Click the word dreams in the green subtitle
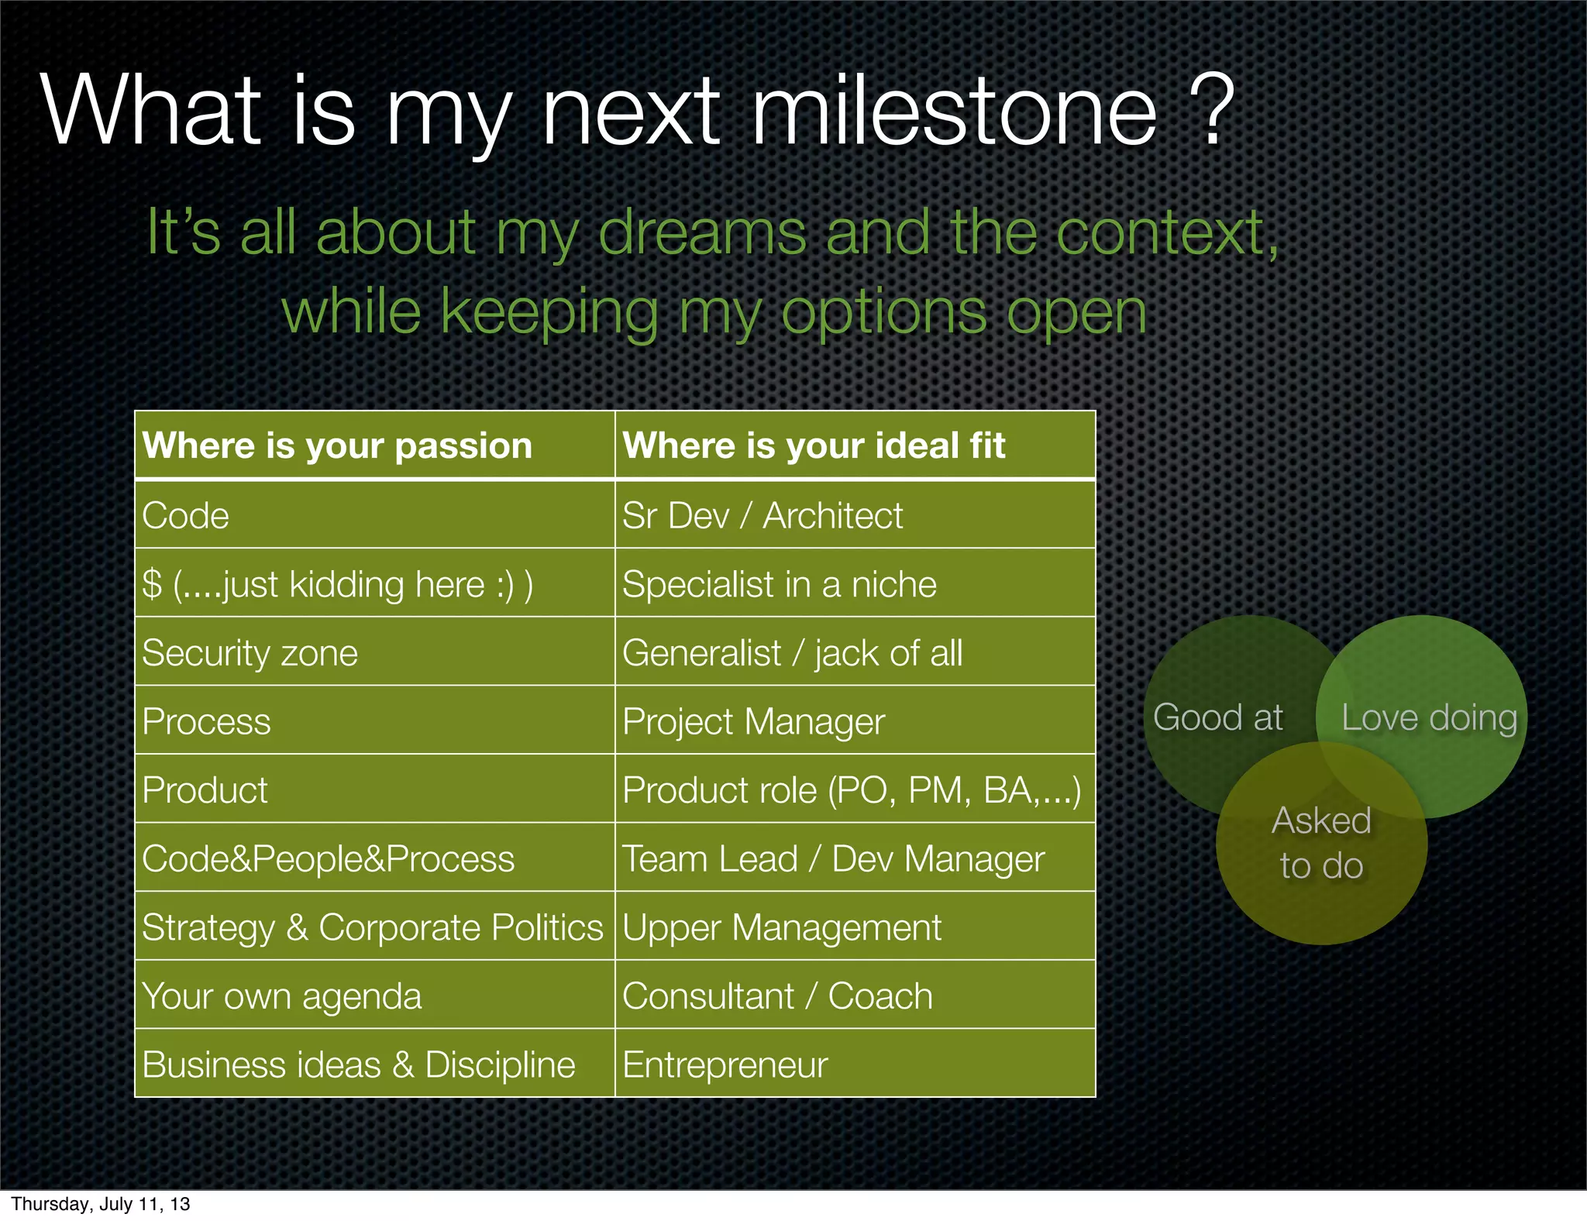(x=702, y=232)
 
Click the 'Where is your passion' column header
(x=338, y=445)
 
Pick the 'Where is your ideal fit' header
(x=814, y=445)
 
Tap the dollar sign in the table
(x=153, y=584)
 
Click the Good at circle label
(x=1218, y=717)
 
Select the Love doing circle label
(x=1429, y=717)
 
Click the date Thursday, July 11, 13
(x=101, y=1204)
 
